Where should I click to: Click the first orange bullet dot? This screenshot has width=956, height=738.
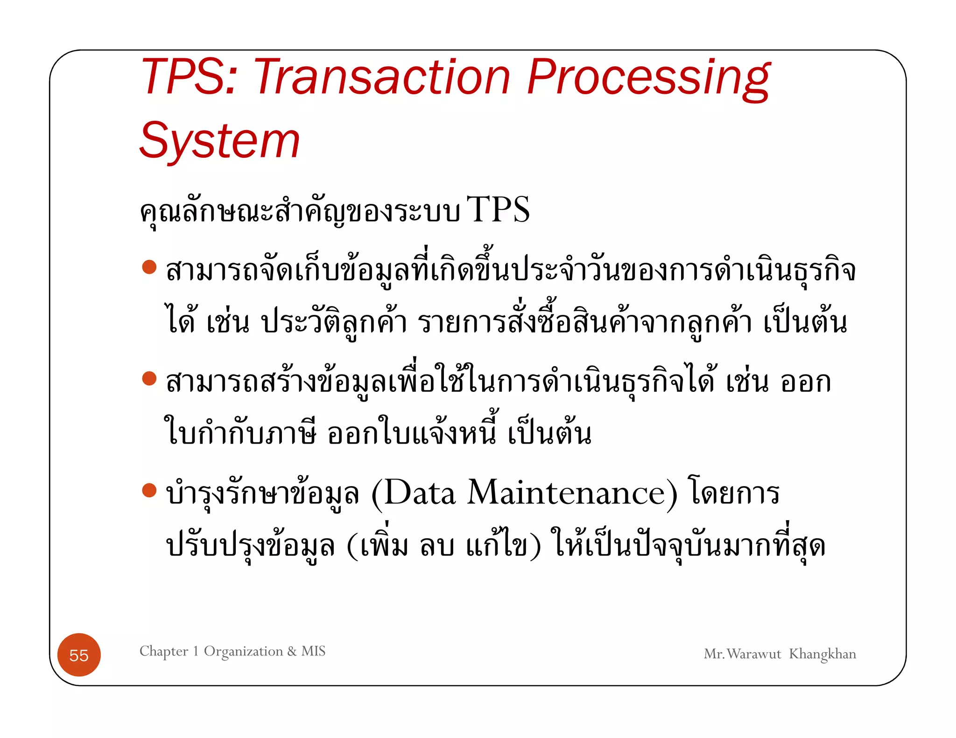149,267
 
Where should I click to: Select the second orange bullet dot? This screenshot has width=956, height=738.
149,378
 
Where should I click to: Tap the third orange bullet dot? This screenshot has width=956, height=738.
149,490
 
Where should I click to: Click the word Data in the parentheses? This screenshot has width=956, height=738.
419,493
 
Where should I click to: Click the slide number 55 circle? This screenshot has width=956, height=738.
79,655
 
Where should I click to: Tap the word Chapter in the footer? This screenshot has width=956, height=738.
164,651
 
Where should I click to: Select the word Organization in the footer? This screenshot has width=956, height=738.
243,651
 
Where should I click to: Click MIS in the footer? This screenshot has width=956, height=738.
313,651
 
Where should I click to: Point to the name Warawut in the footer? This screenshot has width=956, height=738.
753,654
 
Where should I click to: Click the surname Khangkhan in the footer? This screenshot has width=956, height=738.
822,654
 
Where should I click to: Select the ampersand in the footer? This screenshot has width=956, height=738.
292,651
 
